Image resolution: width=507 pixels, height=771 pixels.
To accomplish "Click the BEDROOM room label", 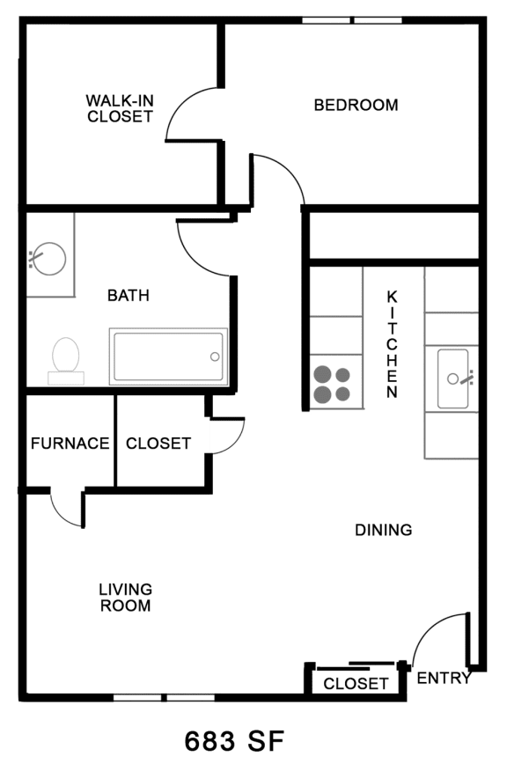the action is point(356,106).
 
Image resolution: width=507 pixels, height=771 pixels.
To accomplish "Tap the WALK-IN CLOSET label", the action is point(120,108).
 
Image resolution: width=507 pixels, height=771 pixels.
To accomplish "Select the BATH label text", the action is point(129,296).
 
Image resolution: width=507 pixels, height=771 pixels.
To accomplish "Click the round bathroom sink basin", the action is point(49,259).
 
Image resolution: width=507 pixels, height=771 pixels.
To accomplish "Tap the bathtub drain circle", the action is point(215,357).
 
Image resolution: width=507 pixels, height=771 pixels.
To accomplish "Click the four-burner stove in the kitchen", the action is point(332,384).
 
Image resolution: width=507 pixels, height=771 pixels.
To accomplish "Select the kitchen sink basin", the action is point(452,378).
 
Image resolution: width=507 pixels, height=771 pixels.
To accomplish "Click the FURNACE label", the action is point(70,444).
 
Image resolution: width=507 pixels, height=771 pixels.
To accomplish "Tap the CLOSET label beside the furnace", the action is point(158,444).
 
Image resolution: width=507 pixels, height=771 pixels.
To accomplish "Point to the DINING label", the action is point(384,530).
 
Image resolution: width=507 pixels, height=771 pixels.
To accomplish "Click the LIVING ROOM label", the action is point(125,598).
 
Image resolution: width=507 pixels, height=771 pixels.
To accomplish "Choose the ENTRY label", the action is point(444,679).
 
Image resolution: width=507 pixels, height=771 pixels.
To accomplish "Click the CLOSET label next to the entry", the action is point(356,684).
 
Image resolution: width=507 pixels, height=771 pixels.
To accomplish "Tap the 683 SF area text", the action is point(234,740).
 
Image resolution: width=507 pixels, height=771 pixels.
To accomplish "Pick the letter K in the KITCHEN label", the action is point(393,297).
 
